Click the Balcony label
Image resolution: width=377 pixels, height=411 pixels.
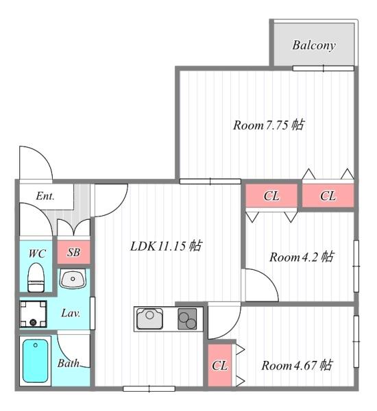click(313, 46)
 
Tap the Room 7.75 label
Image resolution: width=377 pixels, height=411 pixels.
click(269, 125)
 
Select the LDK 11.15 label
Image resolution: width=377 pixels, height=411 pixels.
click(166, 246)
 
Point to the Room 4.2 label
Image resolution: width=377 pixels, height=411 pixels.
click(301, 257)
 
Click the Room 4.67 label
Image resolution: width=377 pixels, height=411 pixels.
click(297, 365)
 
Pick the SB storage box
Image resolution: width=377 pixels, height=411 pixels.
click(73, 253)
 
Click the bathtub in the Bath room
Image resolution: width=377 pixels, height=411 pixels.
click(36, 361)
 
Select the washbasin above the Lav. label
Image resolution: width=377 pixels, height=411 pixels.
click(72, 279)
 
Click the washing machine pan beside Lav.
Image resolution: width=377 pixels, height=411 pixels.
click(32, 314)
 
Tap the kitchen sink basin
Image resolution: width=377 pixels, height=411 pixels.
click(149, 319)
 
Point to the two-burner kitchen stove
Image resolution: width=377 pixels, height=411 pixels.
click(187, 319)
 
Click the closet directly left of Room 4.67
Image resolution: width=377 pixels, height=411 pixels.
click(219, 365)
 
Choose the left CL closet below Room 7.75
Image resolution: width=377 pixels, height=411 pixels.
click(271, 196)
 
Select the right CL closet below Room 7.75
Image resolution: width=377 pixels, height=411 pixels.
click(328, 196)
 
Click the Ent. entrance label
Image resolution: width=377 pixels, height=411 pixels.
click(45, 196)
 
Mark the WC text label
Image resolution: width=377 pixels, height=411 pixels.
click(37, 253)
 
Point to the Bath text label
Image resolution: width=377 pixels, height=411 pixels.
click(69, 363)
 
